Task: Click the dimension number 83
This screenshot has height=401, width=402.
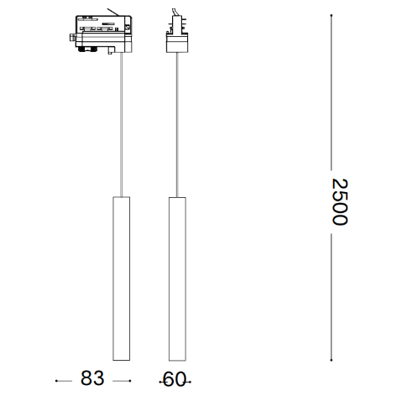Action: tap(92, 378)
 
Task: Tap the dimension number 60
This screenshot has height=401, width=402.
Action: tap(175, 379)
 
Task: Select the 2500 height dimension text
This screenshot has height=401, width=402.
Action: tap(339, 201)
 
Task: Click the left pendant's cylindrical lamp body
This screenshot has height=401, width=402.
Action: tap(121, 279)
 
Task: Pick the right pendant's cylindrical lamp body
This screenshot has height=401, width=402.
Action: tap(177, 279)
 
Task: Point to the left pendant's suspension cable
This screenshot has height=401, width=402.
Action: tap(121, 124)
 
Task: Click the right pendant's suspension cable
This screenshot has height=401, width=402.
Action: tap(177, 125)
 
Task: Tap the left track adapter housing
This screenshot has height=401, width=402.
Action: tap(102, 34)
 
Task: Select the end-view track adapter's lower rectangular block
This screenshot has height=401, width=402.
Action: tap(177, 43)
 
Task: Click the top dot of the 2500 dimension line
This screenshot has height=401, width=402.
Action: tap(332, 15)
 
